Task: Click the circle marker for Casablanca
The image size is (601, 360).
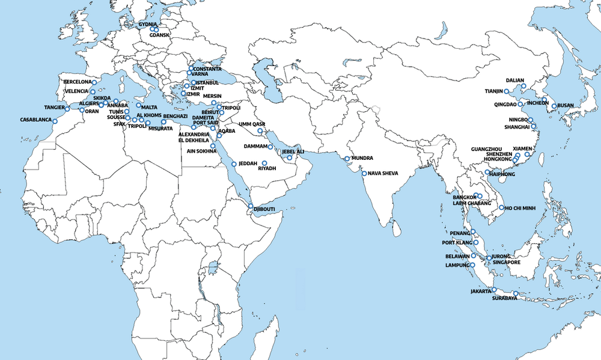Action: click(x=55, y=121)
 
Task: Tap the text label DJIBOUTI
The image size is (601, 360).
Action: click(x=264, y=209)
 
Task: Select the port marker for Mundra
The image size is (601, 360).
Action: click(x=347, y=159)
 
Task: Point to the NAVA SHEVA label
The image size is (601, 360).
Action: click(x=382, y=174)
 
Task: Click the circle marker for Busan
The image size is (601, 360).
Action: click(x=554, y=106)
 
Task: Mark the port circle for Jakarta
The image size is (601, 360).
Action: click(x=495, y=290)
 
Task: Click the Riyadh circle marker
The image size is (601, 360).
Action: click(x=264, y=163)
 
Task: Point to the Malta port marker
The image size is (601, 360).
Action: click(x=138, y=106)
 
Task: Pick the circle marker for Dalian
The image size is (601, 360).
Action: click(x=523, y=86)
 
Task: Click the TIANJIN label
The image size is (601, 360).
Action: click(x=497, y=91)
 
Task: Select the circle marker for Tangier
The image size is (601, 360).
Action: click(x=67, y=109)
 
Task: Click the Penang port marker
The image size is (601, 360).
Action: click(x=474, y=232)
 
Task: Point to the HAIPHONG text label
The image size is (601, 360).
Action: click(x=503, y=173)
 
